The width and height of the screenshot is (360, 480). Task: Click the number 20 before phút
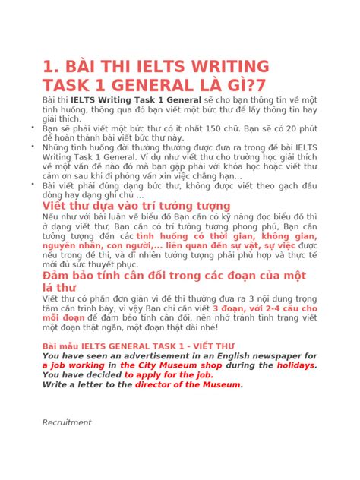pyautogui.click(x=288, y=128)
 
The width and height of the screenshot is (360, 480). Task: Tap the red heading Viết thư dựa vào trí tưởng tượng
pyautogui.click(x=136, y=205)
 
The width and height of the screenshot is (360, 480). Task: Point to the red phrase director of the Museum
pyautogui.click(x=188, y=384)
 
